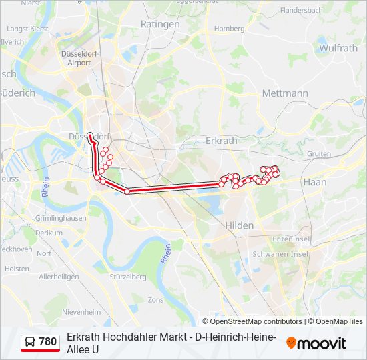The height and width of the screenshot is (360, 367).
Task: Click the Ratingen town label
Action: (160, 24)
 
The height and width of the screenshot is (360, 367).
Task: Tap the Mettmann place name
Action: (285, 93)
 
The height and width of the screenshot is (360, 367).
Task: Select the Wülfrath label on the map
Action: (338, 48)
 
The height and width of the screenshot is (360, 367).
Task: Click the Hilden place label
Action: (240, 225)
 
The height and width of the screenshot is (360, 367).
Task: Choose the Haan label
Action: (314, 181)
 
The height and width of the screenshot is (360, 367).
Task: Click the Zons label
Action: (155, 301)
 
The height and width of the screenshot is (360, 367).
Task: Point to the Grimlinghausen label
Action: (61, 218)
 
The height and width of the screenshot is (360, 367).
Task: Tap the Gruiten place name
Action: (319, 154)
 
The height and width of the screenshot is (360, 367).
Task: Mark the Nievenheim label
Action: (81, 311)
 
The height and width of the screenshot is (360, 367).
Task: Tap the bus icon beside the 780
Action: (30, 342)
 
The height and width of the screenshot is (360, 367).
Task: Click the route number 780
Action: (48, 342)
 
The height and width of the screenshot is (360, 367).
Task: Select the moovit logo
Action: (316, 343)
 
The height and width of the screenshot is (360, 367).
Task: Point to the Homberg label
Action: (229, 29)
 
